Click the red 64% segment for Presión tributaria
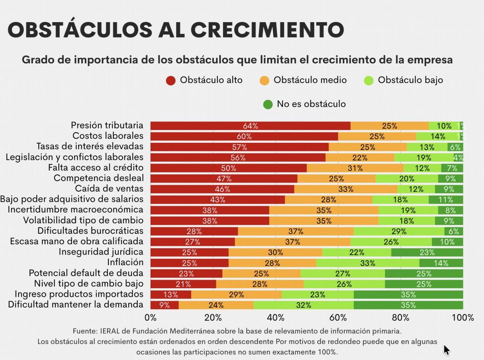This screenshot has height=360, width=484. (250, 126)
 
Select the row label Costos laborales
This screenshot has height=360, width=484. (108, 136)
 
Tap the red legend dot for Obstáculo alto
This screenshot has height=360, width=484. (171, 80)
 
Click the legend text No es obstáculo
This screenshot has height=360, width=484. (311, 104)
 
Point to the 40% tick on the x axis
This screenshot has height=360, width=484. (275, 318)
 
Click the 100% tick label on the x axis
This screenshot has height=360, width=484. (463, 318)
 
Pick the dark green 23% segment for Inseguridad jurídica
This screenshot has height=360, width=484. (427, 252)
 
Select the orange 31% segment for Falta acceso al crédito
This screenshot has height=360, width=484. (355, 168)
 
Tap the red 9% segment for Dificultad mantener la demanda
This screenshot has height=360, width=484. (164, 305)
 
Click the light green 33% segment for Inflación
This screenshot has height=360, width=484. (368, 263)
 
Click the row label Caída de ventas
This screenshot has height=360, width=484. (109, 189)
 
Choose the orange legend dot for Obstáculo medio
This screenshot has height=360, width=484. (264, 80)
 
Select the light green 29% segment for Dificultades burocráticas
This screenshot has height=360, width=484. (399, 231)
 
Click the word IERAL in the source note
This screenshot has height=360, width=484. (109, 331)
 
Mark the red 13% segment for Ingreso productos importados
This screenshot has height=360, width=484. (171, 294)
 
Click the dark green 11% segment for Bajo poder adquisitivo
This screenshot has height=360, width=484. (446, 200)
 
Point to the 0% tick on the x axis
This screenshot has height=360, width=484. (150, 318)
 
